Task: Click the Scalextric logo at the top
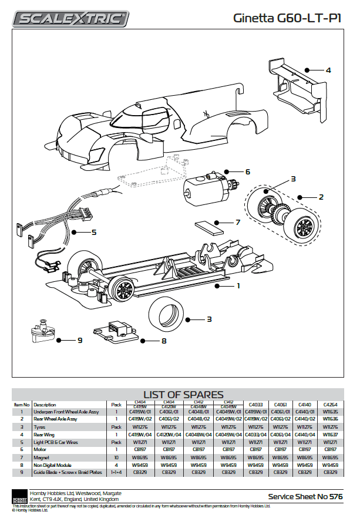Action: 72,19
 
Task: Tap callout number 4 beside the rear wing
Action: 328,70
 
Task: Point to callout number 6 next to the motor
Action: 248,172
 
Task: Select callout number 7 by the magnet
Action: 237,223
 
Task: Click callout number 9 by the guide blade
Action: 79,340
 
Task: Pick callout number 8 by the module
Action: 164,340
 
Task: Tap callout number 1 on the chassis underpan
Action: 238,286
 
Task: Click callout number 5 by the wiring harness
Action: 93,232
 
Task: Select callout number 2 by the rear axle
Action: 321,197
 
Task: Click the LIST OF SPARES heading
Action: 183,395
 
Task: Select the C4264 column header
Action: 330,405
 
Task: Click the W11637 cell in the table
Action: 330,434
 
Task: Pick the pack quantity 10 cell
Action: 116,456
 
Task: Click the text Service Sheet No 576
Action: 305,497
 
